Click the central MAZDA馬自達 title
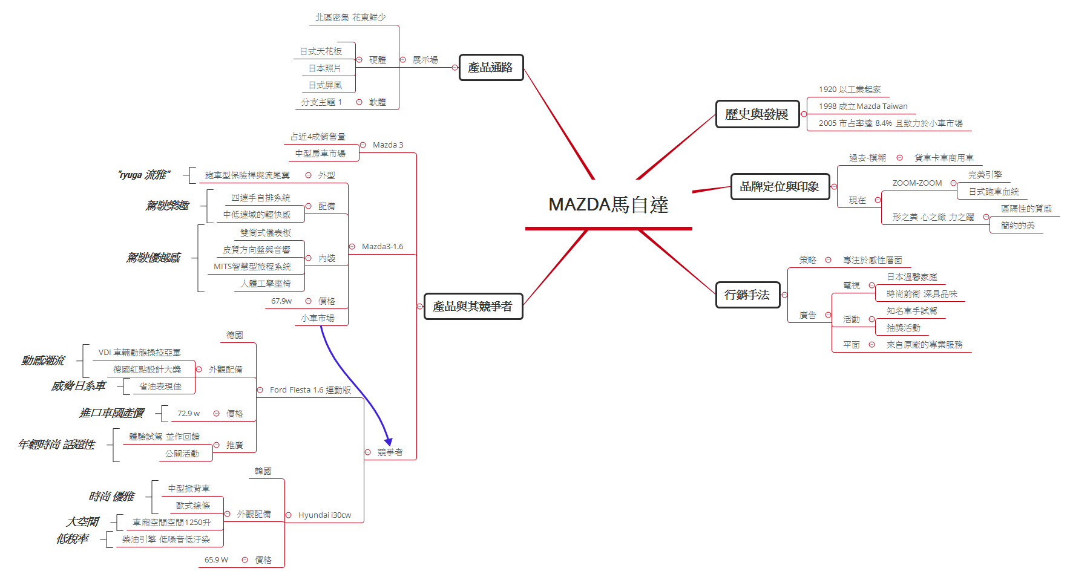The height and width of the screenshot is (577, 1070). click(x=608, y=205)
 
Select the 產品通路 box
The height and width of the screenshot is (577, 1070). click(x=491, y=68)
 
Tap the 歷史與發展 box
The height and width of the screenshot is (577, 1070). click(x=757, y=114)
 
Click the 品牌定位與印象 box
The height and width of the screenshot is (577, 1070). click(x=780, y=187)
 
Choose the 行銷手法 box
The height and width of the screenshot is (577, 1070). click(x=747, y=295)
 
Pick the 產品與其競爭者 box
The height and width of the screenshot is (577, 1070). click(x=473, y=307)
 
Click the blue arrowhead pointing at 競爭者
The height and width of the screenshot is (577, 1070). click(x=389, y=442)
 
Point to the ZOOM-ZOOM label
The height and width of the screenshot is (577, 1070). click(x=917, y=183)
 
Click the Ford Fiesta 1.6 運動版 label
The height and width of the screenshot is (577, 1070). click(x=310, y=390)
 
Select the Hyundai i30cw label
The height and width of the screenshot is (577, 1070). click(x=324, y=515)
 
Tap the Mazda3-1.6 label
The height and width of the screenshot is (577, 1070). click(x=382, y=247)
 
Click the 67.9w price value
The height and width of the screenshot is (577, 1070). click(x=281, y=301)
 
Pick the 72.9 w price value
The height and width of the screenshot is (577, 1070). click(x=188, y=414)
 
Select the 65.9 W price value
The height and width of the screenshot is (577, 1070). click(x=216, y=560)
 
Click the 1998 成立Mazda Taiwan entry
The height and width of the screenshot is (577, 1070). click(x=863, y=106)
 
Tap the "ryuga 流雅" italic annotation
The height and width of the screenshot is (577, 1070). click(x=143, y=175)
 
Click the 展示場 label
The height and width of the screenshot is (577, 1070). click(x=425, y=60)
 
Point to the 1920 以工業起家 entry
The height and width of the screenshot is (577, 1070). click(x=850, y=90)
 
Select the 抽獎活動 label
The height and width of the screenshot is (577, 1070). click(x=903, y=328)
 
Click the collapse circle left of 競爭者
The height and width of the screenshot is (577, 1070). click(x=368, y=452)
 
